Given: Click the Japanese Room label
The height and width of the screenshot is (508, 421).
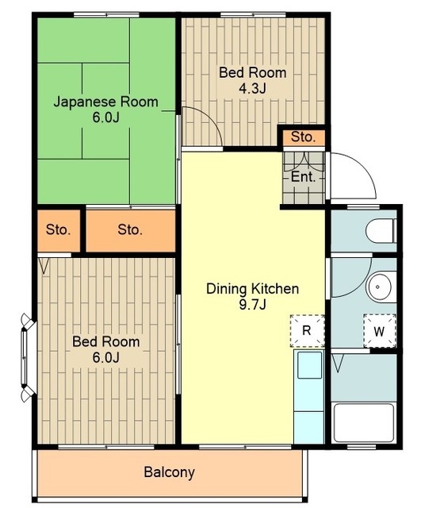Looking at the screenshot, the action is click(x=105, y=102).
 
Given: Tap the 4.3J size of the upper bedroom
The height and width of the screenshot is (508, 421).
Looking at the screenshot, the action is click(x=252, y=88).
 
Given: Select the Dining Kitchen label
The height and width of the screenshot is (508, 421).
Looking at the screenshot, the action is click(x=252, y=289).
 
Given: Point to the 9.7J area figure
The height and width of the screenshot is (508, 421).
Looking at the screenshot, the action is click(x=252, y=305).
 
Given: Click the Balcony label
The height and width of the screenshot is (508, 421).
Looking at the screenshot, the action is click(x=169, y=472).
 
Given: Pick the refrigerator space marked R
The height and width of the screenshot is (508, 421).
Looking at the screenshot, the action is click(x=307, y=331).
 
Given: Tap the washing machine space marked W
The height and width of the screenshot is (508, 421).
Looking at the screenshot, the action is click(x=380, y=331).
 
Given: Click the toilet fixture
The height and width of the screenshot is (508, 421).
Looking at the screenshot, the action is click(x=381, y=231).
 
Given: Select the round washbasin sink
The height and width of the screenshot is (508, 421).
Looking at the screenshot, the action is click(x=378, y=287).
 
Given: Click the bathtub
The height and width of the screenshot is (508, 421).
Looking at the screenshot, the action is click(x=364, y=423).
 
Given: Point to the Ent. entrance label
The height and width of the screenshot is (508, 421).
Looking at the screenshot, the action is click(x=303, y=177).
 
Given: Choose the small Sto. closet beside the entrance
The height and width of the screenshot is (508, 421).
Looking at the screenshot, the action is click(x=303, y=137).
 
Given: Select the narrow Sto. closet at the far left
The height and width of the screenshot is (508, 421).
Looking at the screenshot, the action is click(x=58, y=230).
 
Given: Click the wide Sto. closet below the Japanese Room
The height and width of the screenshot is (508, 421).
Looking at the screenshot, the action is click(x=130, y=230).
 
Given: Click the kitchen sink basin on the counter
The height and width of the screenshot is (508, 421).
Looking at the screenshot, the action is click(x=310, y=364).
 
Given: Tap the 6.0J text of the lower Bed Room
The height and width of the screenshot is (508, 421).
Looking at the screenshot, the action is click(x=105, y=357).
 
